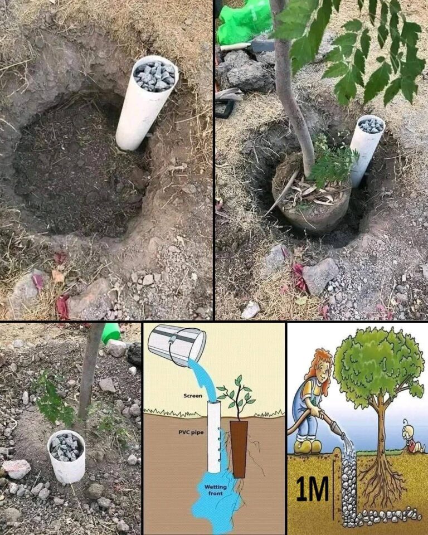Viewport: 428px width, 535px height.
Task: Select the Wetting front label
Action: (x=212, y=491)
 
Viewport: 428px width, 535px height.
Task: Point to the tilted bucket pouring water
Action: (x=177, y=344)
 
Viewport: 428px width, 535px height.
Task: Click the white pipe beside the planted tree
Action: (x=366, y=148)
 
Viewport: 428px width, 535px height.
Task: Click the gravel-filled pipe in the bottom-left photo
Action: (x=66, y=455)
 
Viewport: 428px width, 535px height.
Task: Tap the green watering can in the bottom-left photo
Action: (x=111, y=332)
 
